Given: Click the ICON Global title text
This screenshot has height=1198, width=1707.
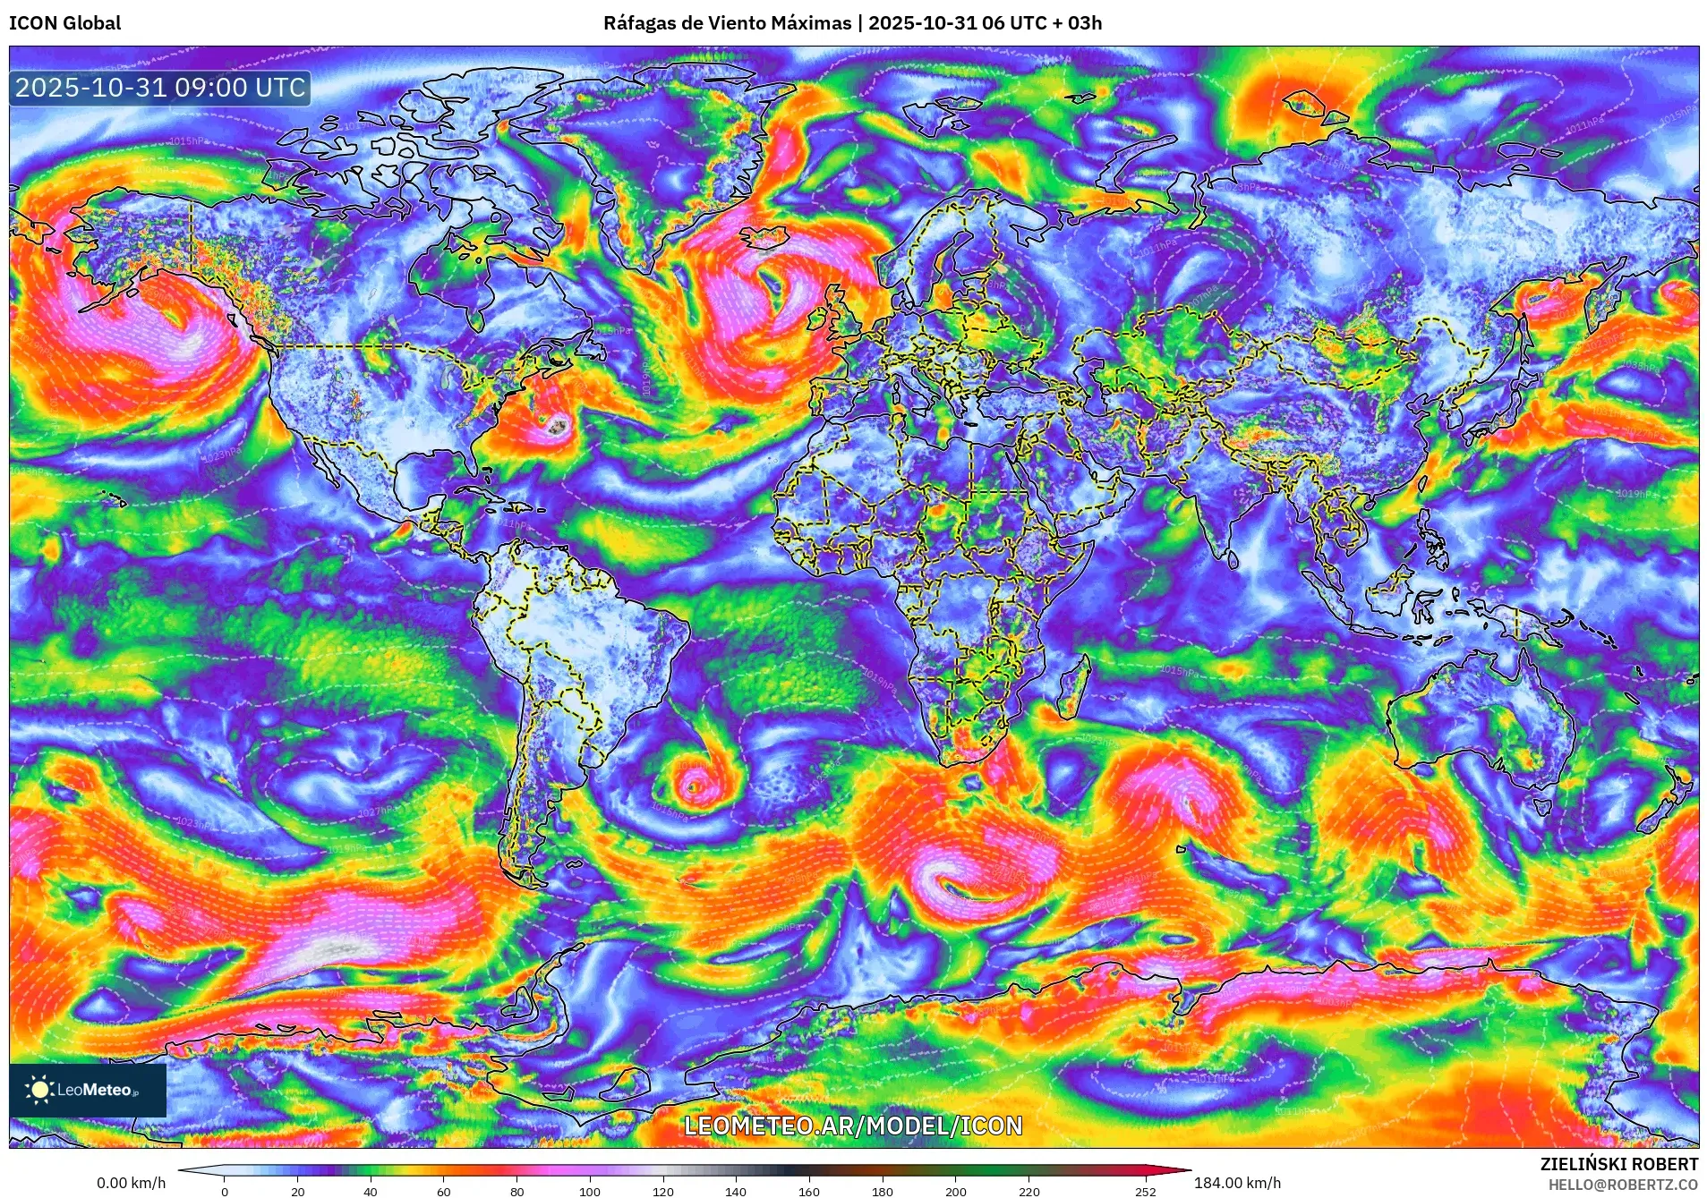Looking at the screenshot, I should (x=64, y=23).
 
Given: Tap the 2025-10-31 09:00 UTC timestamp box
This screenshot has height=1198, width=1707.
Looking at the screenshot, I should (x=160, y=88).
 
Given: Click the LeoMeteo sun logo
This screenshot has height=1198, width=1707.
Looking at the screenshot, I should (x=38, y=1090).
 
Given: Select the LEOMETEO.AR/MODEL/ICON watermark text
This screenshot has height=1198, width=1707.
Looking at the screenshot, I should (x=853, y=1126).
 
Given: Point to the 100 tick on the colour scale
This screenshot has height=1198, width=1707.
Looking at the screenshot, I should (x=589, y=1191).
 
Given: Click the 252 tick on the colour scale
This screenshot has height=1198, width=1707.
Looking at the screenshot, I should (x=1146, y=1191).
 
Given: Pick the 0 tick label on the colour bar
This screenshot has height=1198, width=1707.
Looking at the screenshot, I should (x=225, y=1191).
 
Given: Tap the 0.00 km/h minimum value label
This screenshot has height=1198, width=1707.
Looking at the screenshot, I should (x=131, y=1183).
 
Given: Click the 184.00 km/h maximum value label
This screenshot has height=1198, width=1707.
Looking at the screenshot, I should (x=1237, y=1183).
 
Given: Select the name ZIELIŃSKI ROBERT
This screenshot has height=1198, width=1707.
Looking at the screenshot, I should (x=1618, y=1164).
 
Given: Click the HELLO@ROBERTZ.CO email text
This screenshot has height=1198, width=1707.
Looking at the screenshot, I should (x=1623, y=1185).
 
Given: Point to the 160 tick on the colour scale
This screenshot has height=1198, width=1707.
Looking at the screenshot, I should (x=808, y=1191).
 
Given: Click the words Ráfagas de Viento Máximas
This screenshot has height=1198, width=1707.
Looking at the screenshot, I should (x=727, y=23).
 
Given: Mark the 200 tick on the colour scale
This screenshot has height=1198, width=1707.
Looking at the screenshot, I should (x=955, y=1191).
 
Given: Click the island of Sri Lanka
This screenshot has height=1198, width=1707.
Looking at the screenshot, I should (x=1233, y=560).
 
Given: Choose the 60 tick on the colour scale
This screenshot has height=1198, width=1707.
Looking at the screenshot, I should (x=444, y=1191).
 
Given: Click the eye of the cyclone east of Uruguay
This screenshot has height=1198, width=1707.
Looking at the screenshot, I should (x=692, y=787).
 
